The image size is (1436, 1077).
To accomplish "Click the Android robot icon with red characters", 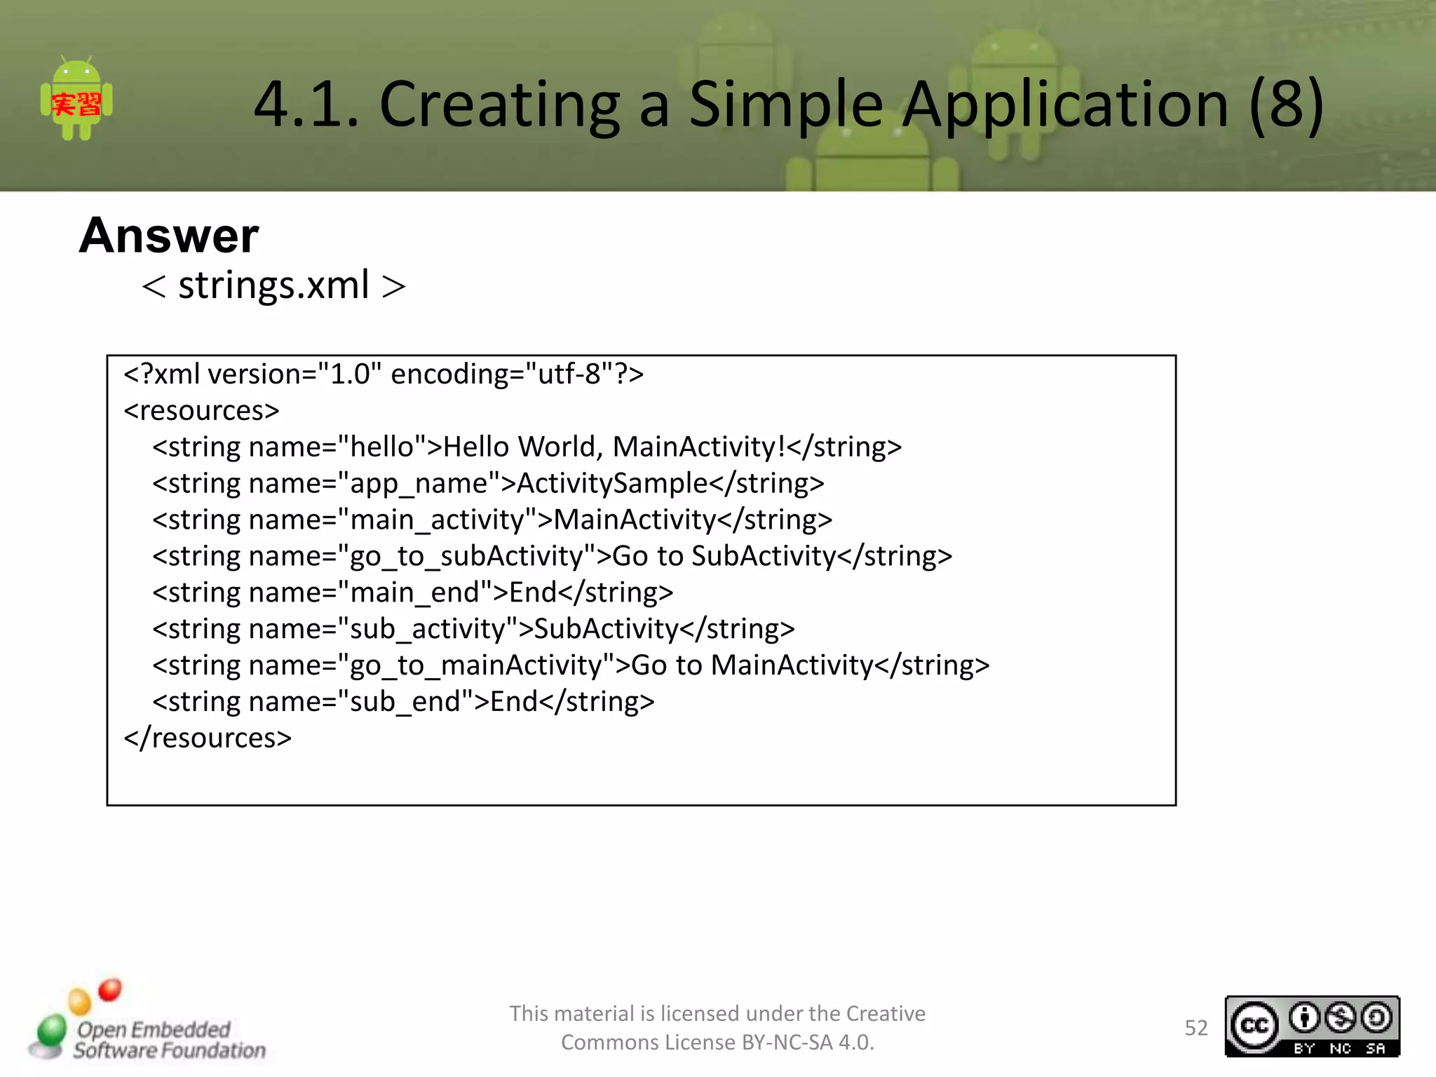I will coord(76,99).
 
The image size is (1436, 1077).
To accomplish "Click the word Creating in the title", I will coord(500,104).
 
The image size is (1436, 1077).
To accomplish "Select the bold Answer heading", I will coord(168,236).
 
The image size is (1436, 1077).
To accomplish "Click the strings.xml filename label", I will coord(273,285).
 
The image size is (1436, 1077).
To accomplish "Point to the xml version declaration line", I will coord(383,374).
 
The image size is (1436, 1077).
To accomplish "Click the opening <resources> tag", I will coord(201,411).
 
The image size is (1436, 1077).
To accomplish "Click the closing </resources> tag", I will coord(208,738).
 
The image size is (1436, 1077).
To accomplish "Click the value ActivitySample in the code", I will coord(612,484).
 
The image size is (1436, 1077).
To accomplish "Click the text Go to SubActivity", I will coord(724,557).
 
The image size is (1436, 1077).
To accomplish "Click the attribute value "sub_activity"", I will coord(428,630).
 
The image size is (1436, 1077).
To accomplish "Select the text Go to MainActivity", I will coord(752,666).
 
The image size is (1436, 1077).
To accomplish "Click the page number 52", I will coord(1195,1028).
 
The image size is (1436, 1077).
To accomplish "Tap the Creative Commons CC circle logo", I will coord(1254,1026).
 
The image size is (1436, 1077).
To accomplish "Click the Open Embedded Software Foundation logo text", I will coord(169,1040).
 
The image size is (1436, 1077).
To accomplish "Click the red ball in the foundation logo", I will coord(110,989).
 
